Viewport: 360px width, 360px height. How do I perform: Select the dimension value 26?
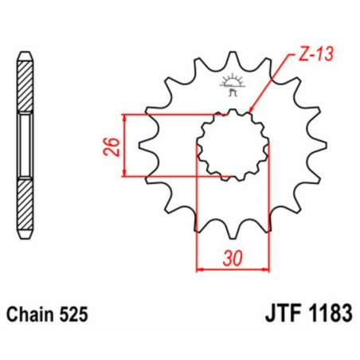click(x=114, y=146)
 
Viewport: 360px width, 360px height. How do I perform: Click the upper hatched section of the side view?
click(x=26, y=84)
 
